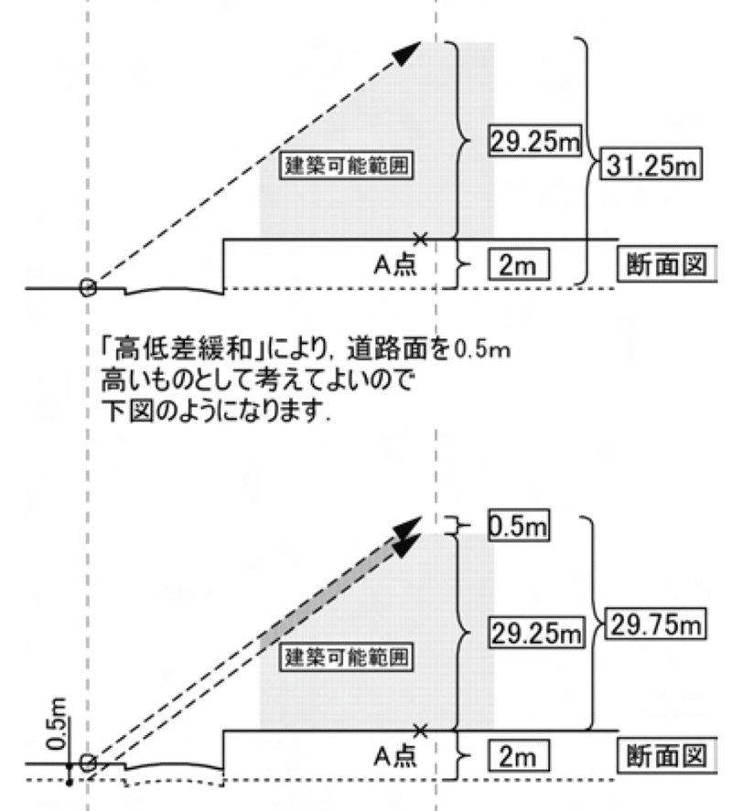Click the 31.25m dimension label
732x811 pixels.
pos(648,167)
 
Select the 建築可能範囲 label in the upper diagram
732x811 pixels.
pos(343,168)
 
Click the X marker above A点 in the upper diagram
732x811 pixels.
pos(420,239)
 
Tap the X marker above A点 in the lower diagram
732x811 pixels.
pos(420,730)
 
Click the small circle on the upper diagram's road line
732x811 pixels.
pos(88,287)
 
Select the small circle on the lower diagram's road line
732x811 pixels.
pos(88,763)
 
